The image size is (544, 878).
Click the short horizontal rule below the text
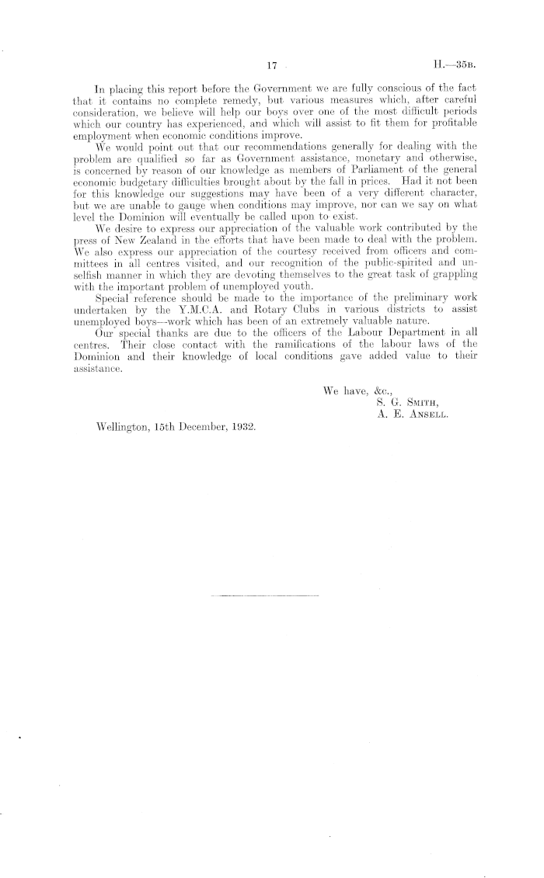click(264, 595)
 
